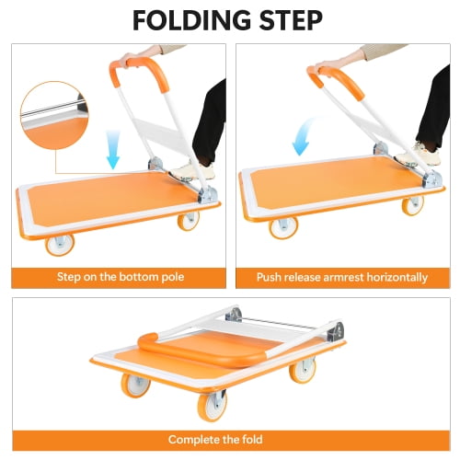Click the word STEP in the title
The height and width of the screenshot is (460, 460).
(x=291, y=20)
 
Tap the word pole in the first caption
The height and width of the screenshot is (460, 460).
(x=173, y=277)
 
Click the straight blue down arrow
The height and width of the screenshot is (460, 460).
(x=113, y=149)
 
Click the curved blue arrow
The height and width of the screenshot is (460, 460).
(x=304, y=136)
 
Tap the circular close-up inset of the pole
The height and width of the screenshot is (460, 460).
(x=54, y=115)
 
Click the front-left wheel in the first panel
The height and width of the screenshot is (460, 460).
(x=60, y=245)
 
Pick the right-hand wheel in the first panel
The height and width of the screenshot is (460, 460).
(x=189, y=221)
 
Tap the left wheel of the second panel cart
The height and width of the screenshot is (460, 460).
(x=283, y=227)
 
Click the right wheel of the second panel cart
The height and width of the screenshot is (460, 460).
(x=413, y=205)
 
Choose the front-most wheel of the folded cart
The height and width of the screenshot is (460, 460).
(x=213, y=406)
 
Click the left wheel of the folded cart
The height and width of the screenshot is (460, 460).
(x=135, y=385)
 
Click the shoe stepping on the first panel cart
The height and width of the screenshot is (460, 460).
(x=191, y=172)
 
